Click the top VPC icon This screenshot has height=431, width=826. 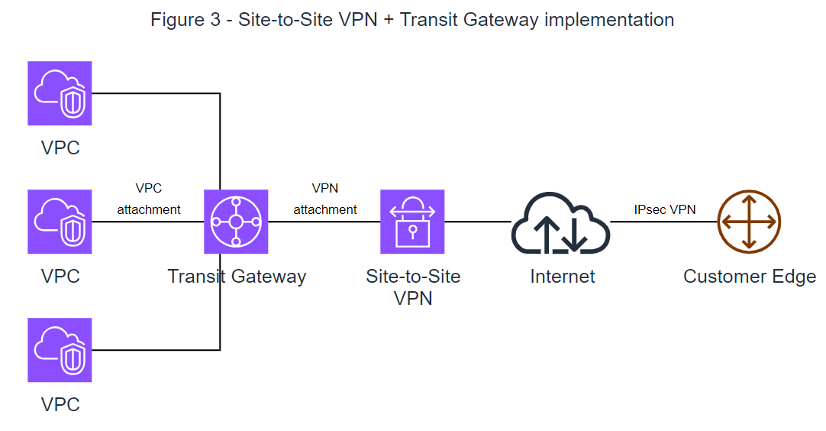60,93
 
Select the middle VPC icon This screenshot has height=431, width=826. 60,222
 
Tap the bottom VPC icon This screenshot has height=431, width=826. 60,350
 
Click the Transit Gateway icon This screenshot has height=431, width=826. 236,222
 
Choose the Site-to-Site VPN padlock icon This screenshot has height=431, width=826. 412,222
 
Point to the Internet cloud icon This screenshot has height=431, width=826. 560,222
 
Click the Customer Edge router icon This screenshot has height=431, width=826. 749,222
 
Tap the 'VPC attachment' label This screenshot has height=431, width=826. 149,199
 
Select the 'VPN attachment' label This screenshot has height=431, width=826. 325,199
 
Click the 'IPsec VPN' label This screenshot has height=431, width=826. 664,209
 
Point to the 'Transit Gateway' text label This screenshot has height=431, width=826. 237,276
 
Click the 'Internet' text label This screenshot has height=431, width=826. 563,276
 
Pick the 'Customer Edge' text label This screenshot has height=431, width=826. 749,276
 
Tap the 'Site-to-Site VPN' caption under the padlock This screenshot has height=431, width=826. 413,287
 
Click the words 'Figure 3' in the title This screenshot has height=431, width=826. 186,20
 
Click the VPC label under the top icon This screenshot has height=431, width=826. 60,147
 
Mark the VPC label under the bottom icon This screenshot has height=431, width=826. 60,404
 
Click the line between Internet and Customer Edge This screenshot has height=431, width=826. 663,222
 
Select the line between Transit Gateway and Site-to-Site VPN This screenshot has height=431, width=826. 324,222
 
